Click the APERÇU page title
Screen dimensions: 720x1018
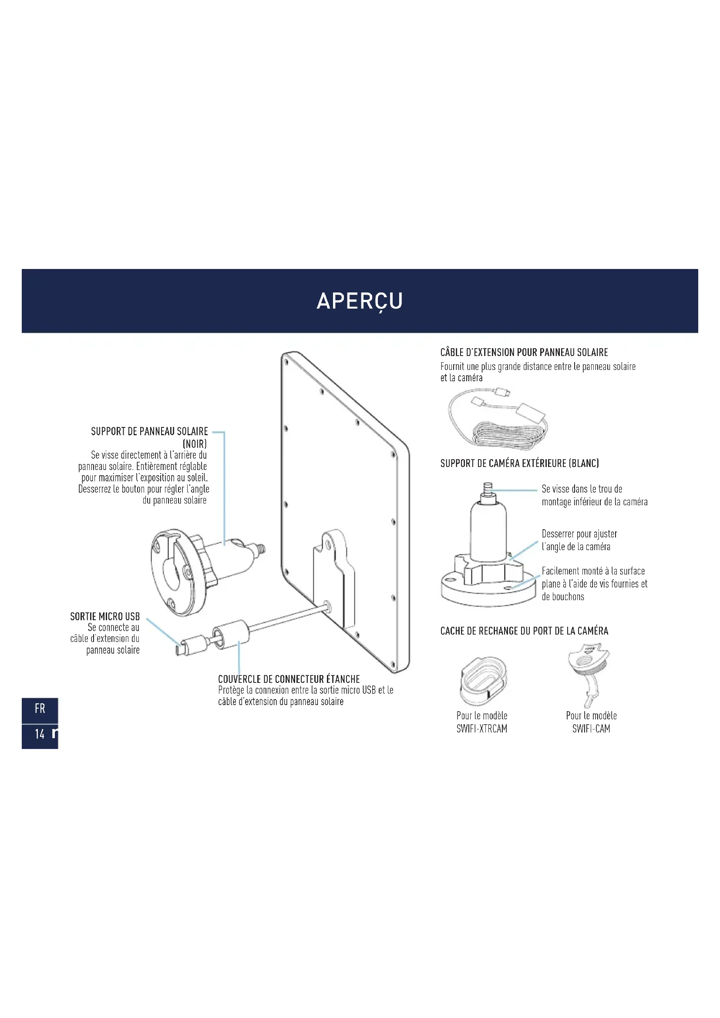(360, 301)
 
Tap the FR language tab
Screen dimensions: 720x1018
(40, 709)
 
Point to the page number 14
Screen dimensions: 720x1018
(40, 734)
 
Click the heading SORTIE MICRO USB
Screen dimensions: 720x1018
(105, 616)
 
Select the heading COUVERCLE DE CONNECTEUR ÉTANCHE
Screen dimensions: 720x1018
(289, 679)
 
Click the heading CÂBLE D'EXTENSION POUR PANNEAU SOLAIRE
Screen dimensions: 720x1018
(524, 352)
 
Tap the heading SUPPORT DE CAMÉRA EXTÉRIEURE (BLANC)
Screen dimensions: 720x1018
(520, 464)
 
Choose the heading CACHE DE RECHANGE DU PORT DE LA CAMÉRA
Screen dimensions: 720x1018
(524, 631)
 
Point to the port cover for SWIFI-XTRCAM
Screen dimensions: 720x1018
(483, 681)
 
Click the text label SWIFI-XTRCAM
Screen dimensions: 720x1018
(482, 729)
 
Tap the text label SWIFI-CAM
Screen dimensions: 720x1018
(591, 729)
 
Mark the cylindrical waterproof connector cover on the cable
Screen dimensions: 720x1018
(231, 635)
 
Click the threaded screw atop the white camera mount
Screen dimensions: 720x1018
(488, 492)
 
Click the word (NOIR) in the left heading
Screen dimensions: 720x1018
(195, 444)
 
